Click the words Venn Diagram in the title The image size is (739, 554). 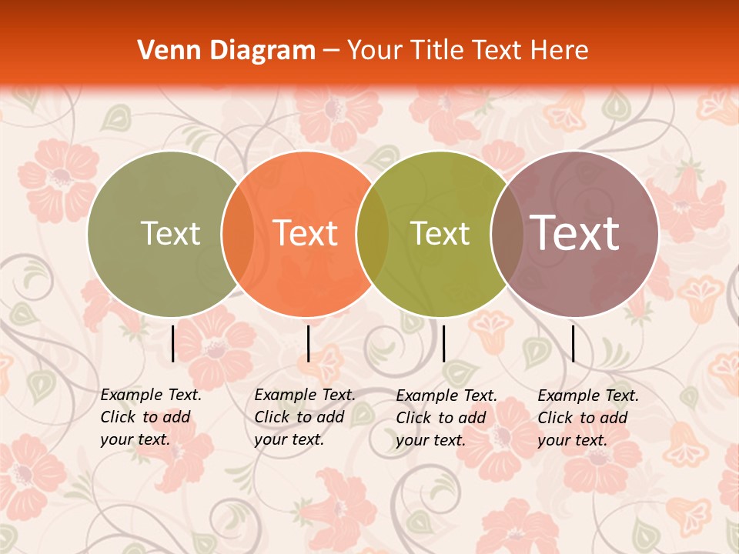[226, 51]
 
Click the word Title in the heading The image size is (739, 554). [438, 51]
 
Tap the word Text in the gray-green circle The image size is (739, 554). [170, 234]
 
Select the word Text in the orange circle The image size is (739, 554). [306, 234]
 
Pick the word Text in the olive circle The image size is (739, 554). [440, 234]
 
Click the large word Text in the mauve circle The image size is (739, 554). [575, 232]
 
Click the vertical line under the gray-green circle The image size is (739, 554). [173, 343]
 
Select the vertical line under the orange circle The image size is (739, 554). [308, 343]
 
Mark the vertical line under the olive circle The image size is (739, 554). [443, 343]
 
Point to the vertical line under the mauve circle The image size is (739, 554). [573, 343]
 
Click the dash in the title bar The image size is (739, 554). [331, 52]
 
